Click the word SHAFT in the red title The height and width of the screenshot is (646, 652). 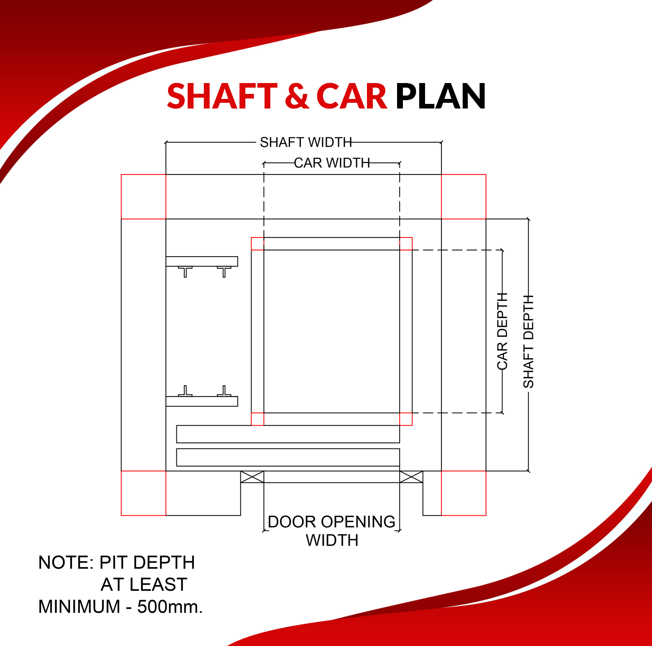[222, 96]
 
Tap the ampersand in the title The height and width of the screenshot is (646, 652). [297, 96]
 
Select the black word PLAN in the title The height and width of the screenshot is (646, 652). [441, 96]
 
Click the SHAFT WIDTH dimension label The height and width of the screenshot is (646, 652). [306, 142]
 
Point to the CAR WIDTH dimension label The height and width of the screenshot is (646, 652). [332, 163]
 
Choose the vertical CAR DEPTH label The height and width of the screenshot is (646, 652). [502, 331]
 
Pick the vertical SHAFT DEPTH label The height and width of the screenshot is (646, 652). [529, 341]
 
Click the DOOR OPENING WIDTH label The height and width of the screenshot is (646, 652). [332, 531]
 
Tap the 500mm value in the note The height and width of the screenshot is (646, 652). [170, 607]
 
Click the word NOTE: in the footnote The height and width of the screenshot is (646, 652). [66, 563]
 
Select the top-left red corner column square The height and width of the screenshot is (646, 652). [143, 197]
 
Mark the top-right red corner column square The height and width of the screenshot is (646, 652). [464, 197]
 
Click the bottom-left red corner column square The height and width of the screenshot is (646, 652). [143, 493]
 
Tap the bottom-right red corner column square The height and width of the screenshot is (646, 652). [464, 493]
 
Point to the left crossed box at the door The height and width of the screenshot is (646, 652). [252, 477]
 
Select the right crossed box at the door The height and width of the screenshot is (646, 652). [411, 477]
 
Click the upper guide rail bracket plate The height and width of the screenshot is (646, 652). [202, 261]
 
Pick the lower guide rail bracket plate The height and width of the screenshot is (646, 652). [202, 401]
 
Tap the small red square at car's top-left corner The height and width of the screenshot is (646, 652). [257, 244]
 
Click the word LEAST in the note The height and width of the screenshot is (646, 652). [158, 585]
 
